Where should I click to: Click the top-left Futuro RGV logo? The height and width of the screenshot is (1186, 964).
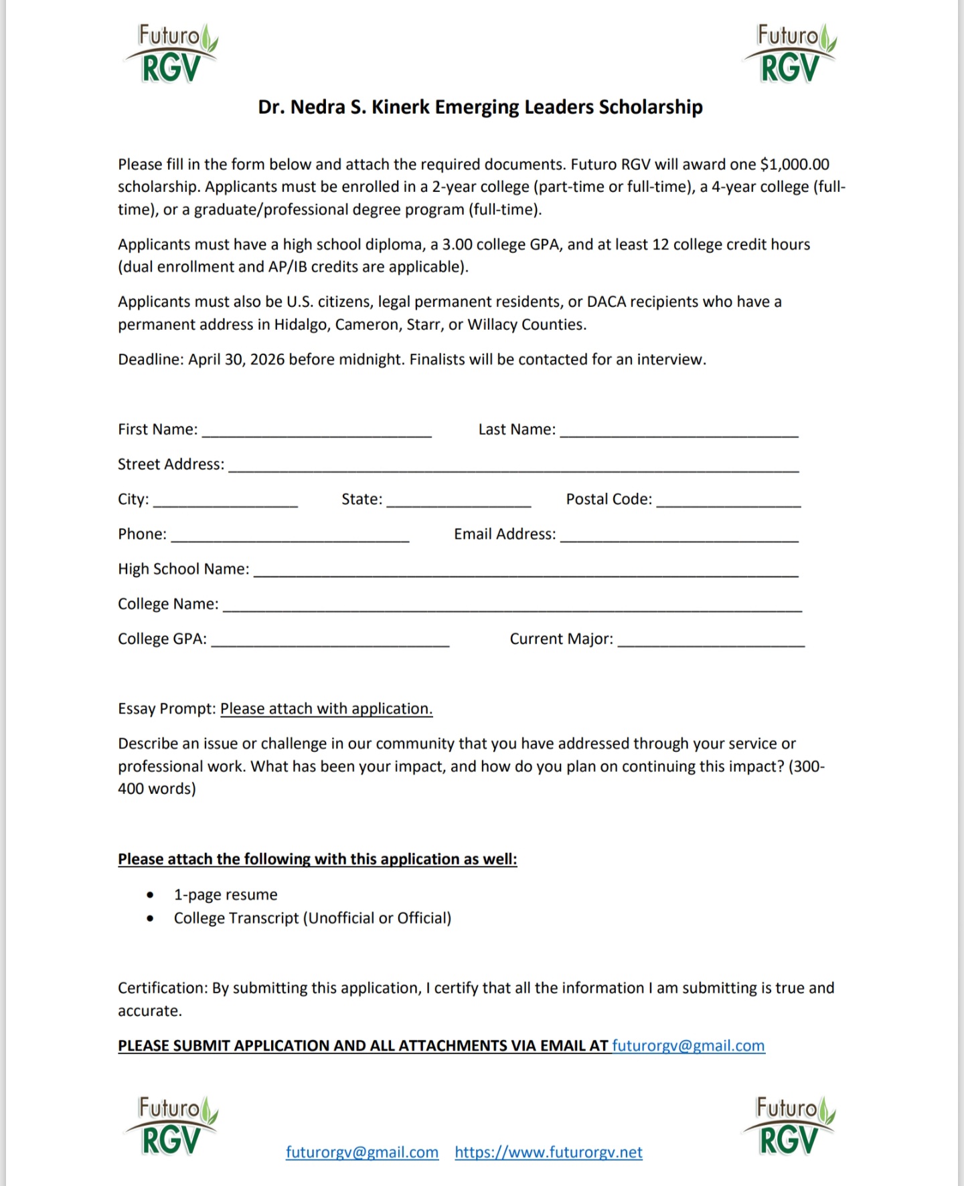point(171,54)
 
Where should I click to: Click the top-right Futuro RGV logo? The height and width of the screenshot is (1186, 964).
point(790,54)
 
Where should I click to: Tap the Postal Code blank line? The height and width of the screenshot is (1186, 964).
point(728,502)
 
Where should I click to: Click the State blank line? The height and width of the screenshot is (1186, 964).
point(459,502)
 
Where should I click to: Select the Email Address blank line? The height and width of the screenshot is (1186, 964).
point(679,537)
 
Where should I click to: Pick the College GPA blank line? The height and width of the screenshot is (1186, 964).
point(330,642)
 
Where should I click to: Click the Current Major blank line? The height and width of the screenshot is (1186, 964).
point(711,642)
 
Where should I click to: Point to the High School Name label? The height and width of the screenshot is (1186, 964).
point(183,569)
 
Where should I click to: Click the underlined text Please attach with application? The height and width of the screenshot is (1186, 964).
point(326,709)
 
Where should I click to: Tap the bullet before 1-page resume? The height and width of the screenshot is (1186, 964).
point(150,895)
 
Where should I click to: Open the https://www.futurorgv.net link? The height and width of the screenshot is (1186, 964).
point(548,1153)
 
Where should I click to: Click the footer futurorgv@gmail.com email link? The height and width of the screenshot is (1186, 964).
point(362,1153)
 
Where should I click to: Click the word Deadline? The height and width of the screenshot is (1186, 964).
point(151,360)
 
